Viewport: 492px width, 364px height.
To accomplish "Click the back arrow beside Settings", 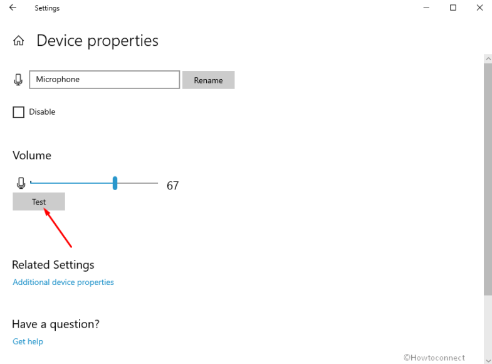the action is coord(13,8).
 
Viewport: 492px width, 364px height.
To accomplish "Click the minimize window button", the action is coord(426,8).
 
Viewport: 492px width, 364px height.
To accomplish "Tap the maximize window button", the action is coord(453,8).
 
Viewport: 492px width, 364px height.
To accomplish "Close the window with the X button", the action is coord(479,8).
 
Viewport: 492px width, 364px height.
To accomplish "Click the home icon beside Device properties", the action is coord(19,41).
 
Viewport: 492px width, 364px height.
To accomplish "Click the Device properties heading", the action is coord(97,41).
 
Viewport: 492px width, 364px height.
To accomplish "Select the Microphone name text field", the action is coord(105,80).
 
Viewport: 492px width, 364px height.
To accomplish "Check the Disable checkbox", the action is coord(19,112).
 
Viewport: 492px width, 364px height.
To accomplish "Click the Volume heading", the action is coord(32,156).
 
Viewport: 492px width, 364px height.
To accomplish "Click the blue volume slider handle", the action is coord(115,183).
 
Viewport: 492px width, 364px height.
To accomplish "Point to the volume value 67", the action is coord(172,186).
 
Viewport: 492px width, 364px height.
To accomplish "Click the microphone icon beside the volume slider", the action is coord(21,183).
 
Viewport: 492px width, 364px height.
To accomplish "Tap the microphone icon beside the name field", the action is coord(18,80).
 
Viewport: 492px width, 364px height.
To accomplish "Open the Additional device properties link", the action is coord(63,282).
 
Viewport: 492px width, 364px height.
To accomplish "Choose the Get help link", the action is coord(28,341).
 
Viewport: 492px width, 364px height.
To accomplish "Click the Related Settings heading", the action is coord(53,265).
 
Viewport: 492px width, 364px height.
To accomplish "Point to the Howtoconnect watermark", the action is coord(434,358).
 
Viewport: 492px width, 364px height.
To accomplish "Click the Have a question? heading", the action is coord(56,324).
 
